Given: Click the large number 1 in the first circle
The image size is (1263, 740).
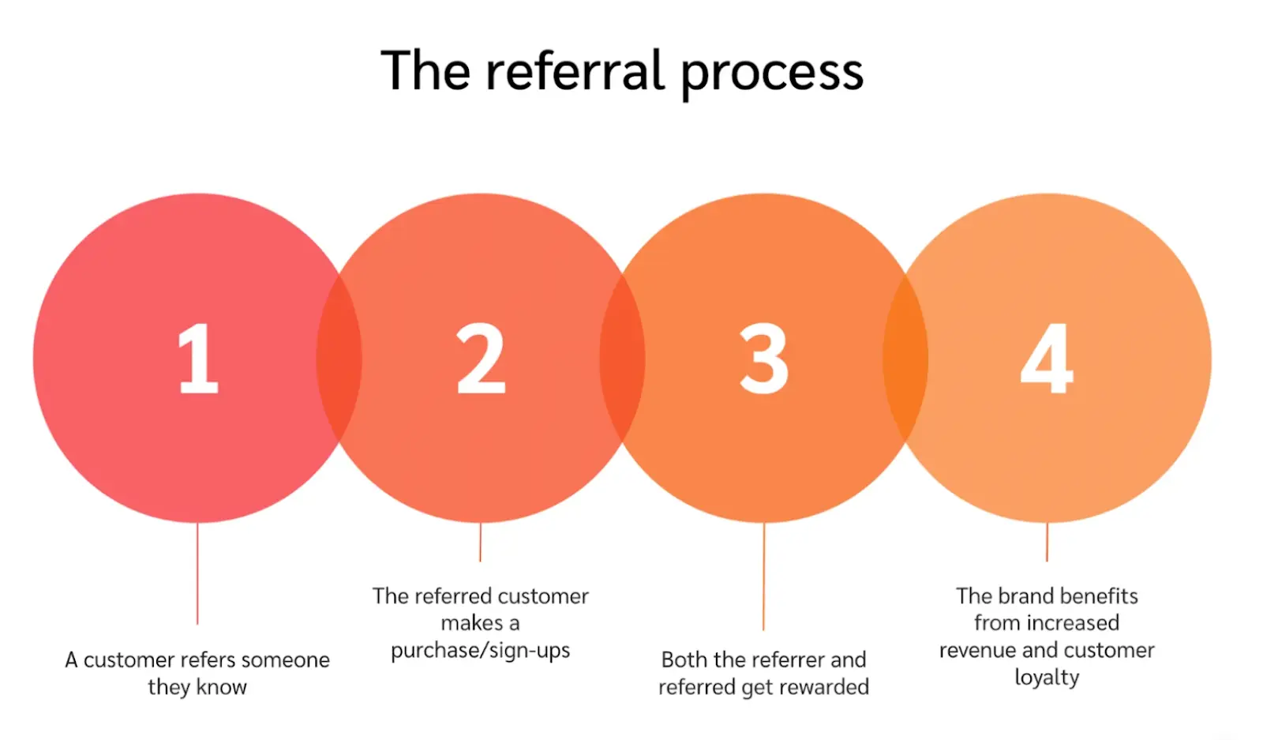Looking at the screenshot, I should [197, 359].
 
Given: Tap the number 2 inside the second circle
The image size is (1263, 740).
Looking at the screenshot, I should [481, 359].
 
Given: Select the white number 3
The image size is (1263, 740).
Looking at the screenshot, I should [763, 359].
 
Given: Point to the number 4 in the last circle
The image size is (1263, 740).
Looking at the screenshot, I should [1047, 359].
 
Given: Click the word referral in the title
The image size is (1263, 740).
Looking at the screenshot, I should [575, 71].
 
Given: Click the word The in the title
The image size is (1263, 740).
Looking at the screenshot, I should [425, 71].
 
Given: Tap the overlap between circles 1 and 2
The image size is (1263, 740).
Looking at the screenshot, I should [339, 359].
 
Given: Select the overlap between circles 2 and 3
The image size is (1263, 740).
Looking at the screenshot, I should [622, 359].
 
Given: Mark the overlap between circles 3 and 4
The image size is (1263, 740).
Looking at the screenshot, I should [905, 359].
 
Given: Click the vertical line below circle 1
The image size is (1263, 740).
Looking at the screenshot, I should [197, 573].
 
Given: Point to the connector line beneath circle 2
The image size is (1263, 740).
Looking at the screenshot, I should [480, 543].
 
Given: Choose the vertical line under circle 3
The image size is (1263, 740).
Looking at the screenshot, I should [763, 577].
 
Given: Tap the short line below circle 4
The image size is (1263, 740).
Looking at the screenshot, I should [1047, 543].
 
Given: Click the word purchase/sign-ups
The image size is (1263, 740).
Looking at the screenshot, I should [480, 651].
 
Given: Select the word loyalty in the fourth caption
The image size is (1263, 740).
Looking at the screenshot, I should [1047, 678].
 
